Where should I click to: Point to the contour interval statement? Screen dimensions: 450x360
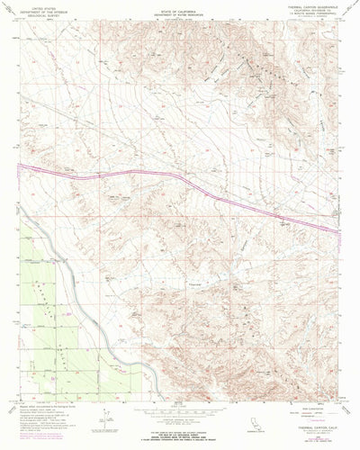(180, 416)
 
